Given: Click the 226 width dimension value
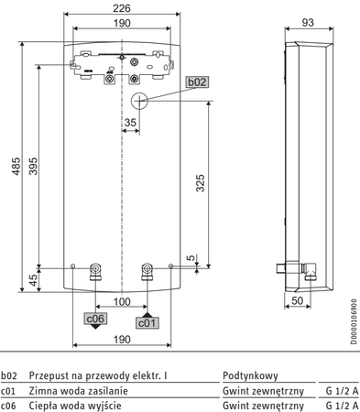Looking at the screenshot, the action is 122,8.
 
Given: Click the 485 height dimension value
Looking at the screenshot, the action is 16,167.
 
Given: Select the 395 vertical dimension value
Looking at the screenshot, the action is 33,166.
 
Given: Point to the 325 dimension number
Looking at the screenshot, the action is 201,183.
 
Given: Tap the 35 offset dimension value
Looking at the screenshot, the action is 130,123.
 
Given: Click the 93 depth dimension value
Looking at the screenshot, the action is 308,23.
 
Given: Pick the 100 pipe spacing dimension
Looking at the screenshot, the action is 122,302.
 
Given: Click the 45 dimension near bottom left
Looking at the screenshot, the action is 35,280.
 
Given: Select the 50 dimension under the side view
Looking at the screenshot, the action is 297,300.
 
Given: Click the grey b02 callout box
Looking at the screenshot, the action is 198,82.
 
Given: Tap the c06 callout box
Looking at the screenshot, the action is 95,319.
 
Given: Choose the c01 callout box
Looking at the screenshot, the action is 147,323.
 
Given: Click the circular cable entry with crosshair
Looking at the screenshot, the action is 139,101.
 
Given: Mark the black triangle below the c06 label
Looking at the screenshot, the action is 95,327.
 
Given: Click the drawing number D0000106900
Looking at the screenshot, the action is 354,321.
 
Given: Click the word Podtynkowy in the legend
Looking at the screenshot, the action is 250,375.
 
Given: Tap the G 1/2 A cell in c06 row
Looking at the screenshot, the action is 342,406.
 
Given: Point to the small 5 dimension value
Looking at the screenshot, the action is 191,257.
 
